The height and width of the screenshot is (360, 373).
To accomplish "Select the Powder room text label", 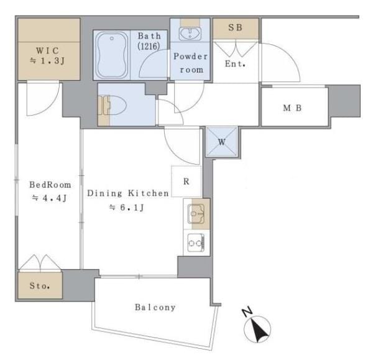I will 191,63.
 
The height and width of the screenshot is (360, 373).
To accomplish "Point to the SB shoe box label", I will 236,29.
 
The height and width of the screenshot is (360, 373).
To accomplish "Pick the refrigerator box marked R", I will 186,182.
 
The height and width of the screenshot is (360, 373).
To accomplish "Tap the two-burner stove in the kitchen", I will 196,242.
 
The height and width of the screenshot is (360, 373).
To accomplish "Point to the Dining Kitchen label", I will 127,193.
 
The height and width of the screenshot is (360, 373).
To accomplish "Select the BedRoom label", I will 50,185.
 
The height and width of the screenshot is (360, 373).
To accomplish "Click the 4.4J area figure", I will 50,198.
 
